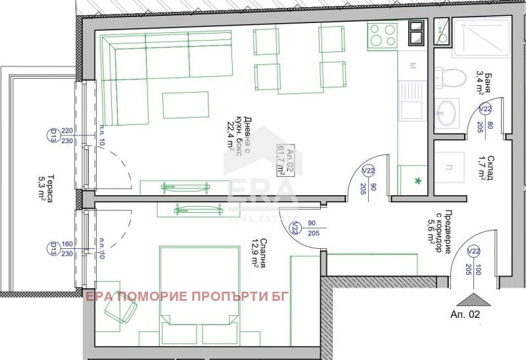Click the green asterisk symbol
point(416,179)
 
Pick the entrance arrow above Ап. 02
point(473,299)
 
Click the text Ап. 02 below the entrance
point(466,315)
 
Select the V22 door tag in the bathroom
point(485,110)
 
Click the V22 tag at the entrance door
point(473,252)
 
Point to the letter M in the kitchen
point(412,66)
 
